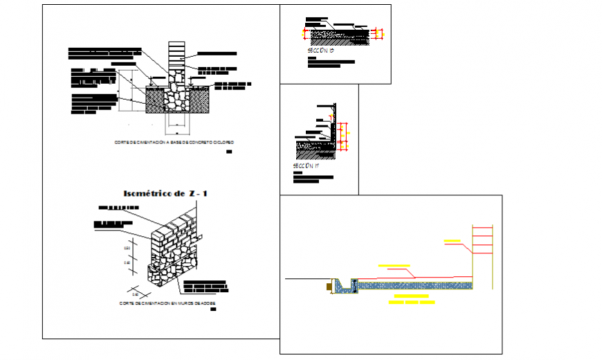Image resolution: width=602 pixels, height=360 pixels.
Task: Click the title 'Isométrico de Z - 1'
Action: coord(164,193)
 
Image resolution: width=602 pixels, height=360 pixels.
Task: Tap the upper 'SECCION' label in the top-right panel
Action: coord(320,51)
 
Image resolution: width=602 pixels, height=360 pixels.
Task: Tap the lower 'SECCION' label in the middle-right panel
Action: coord(305,166)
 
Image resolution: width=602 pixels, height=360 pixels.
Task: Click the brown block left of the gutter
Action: coord(327,285)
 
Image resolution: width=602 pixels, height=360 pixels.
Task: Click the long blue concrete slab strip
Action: coord(415,284)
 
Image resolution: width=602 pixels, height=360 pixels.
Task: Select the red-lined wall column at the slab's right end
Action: coord(482,253)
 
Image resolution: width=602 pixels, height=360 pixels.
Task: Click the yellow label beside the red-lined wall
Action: coord(453,241)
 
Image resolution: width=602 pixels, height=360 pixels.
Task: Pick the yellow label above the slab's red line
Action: coord(394,266)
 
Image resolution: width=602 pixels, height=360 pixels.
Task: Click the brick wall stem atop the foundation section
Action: coord(177,55)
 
